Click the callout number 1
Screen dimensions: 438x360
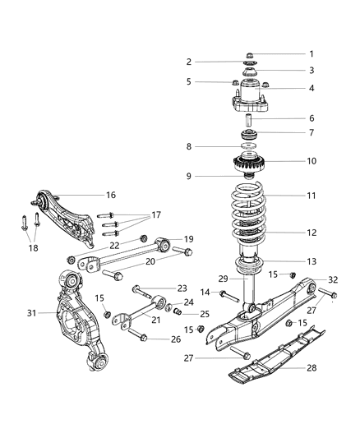[x=288, y=54]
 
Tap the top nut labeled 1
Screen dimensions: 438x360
[x=249, y=56]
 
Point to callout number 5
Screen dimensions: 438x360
[x=188, y=81]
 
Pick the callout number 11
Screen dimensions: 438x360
[x=288, y=196]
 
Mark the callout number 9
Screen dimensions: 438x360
[x=188, y=175]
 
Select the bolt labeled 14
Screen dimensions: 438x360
[x=226, y=293]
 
